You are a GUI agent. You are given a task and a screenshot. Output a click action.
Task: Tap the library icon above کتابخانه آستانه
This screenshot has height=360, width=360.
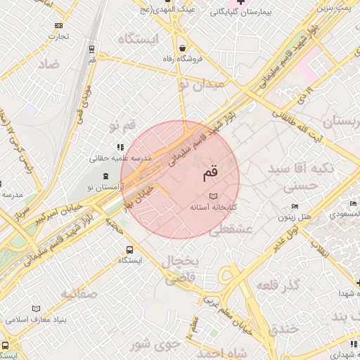[x=214, y=195]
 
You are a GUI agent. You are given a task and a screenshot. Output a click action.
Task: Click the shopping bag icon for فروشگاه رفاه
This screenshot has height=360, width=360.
[x=183, y=48]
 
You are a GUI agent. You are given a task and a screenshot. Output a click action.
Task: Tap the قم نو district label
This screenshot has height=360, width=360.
[x=122, y=127]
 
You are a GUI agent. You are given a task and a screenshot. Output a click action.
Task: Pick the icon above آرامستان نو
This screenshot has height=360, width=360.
[x=105, y=175]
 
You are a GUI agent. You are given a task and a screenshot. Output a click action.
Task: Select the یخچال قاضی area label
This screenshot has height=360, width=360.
[x=181, y=270]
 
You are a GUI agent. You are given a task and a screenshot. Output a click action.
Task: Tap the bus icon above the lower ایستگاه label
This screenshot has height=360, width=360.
[x=129, y=250]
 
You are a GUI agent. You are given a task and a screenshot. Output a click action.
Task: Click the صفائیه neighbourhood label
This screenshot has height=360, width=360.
[x=79, y=293]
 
